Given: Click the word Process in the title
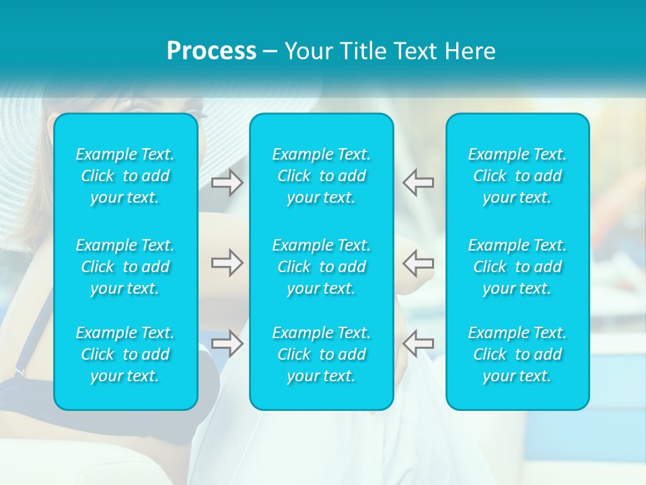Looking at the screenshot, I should point(211,51).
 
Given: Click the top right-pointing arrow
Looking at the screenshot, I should point(227,183).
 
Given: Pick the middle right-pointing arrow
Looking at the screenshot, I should point(227,263).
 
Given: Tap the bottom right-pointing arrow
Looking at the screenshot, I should point(227,343).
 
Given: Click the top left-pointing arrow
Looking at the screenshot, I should point(419,183).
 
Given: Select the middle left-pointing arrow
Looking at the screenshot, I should point(419,263).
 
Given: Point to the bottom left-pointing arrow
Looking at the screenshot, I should point(419,343).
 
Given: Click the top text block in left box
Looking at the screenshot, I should point(125,176).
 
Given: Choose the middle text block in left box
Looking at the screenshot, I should point(125,267).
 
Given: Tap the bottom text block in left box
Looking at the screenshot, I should point(125,354).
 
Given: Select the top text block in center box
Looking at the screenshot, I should point(322,176).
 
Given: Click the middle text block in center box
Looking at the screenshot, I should point(322,267).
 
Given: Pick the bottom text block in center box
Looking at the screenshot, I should point(322,354).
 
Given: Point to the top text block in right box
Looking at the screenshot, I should point(517,176).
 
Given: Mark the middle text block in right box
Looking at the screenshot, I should point(517,267).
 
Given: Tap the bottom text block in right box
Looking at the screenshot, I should point(517,354).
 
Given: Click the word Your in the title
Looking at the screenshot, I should point(306,51).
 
